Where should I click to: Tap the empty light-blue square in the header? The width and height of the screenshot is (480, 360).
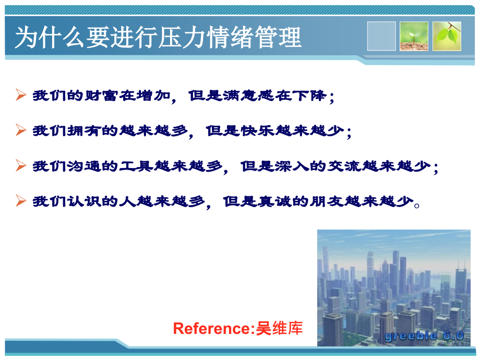point(381,36)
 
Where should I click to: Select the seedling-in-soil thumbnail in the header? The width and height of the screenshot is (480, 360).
point(414,36)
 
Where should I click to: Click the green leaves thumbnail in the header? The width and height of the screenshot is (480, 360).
point(447,36)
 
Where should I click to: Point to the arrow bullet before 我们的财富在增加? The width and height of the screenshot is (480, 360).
point(21,95)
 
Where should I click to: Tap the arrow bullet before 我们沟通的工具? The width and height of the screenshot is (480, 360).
point(21,166)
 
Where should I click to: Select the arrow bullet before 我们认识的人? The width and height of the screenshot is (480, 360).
point(21,200)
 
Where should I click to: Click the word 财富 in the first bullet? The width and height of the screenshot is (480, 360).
point(94,96)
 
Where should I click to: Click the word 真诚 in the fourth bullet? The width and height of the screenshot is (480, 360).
point(275,201)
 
